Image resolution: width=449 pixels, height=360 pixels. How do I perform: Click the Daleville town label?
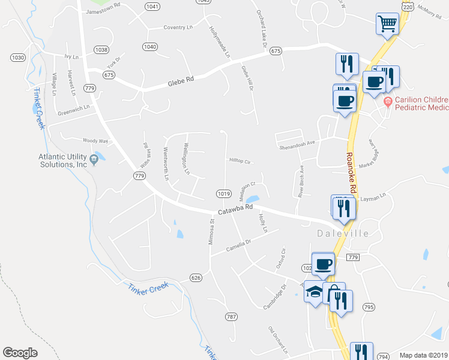pos(343,233)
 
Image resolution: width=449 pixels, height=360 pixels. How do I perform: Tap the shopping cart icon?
pos(388,24)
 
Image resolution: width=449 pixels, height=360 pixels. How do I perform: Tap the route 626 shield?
pos(196,278)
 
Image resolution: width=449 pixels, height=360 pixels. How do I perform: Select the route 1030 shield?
pos(18,57)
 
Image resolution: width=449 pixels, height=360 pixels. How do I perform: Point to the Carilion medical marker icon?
pos(388,101)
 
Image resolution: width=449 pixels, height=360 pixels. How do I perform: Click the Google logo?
pos(20,353)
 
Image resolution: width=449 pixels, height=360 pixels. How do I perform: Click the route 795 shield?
pos(369,307)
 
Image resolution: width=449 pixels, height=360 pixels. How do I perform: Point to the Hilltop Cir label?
pos(240,161)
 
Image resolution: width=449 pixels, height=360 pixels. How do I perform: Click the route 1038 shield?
pos(101,50)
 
